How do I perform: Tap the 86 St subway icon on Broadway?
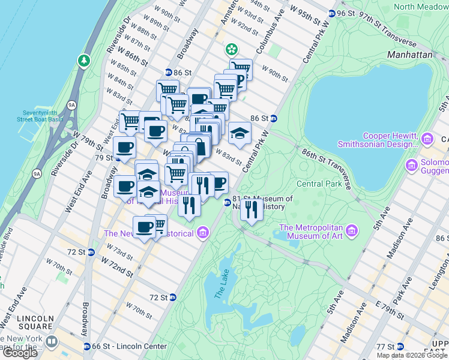[169, 72]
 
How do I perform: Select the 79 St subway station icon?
[119, 158]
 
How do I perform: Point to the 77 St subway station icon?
[400, 347]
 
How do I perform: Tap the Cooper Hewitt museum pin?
[427, 139]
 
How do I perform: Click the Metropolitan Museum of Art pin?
[352, 230]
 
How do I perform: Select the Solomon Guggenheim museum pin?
[412, 164]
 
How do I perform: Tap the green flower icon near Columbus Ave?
[231, 49]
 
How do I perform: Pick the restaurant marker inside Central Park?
[251, 210]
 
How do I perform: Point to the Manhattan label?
[409, 54]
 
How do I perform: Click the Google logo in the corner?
[20, 353]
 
